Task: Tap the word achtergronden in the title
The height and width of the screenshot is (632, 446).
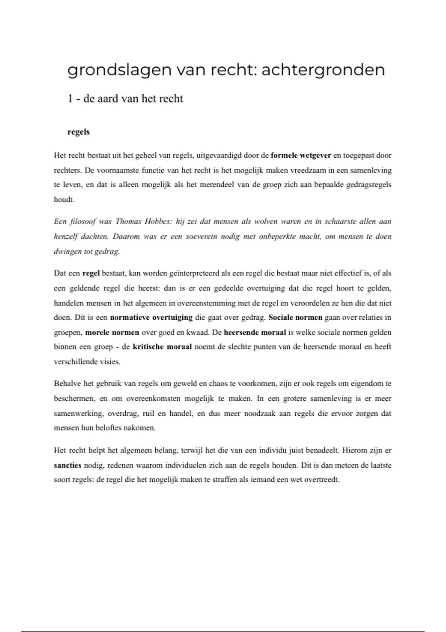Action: click(x=323, y=70)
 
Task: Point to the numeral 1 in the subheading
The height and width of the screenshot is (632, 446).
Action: click(x=70, y=99)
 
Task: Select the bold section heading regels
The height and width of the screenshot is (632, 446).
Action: click(x=78, y=132)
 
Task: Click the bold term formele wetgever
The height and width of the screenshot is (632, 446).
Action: click(x=301, y=155)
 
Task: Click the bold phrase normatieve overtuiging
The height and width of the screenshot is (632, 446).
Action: click(x=151, y=317)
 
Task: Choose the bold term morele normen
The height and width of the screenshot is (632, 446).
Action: click(x=112, y=332)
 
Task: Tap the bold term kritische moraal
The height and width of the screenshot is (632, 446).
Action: click(x=162, y=347)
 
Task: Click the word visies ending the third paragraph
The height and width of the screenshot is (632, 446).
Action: click(x=110, y=362)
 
